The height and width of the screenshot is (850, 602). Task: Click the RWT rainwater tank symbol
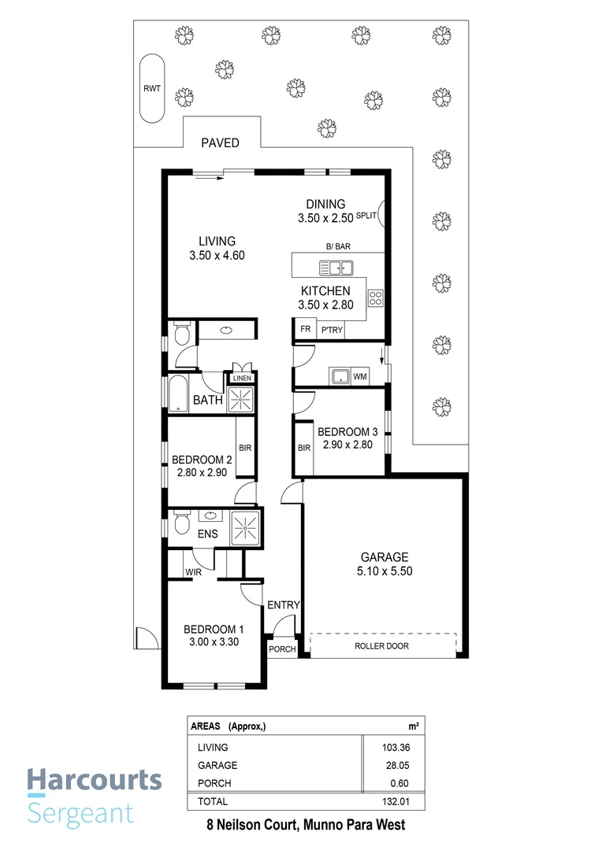[x=151, y=89]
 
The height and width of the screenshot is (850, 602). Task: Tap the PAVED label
[x=220, y=142]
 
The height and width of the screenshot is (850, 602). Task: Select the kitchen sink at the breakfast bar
[x=340, y=268]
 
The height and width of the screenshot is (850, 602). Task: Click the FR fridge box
[x=305, y=330]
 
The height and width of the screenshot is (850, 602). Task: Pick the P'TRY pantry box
[x=331, y=330]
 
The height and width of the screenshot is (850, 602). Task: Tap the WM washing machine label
[x=360, y=377]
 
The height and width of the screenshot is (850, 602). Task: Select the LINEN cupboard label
[x=240, y=379]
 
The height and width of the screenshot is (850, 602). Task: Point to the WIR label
[x=194, y=571]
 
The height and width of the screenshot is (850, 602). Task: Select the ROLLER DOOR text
[x=382, y=645]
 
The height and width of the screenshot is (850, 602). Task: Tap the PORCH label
[x=282, y=649]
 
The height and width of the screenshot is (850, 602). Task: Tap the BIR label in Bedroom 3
[x=304, y=448]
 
